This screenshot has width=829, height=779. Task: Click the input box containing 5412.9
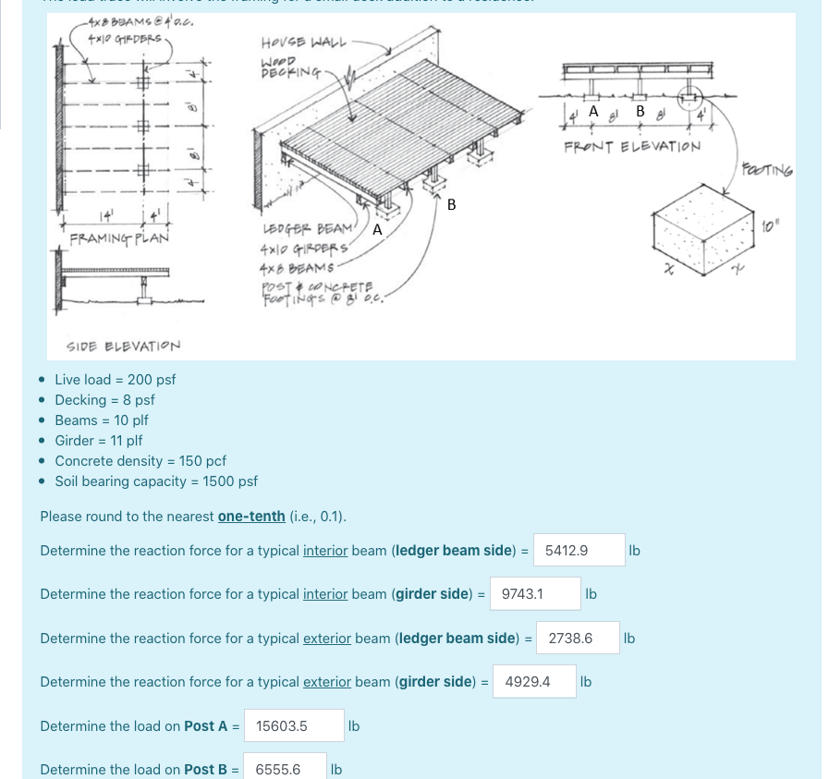[579, 550]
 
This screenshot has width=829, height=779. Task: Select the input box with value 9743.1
[536, 594]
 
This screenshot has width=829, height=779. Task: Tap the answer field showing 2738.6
[582, 638]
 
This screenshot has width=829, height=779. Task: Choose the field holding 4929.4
[533, 682]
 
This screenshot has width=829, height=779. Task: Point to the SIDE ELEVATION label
[124, 346]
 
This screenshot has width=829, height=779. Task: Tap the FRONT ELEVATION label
[632, 146]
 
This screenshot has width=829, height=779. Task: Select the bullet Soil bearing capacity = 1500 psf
[155, 481]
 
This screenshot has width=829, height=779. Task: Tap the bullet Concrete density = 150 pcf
[140, 461]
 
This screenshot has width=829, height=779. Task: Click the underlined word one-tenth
[251, 516]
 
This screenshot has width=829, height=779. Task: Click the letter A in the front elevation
[593, 111]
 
